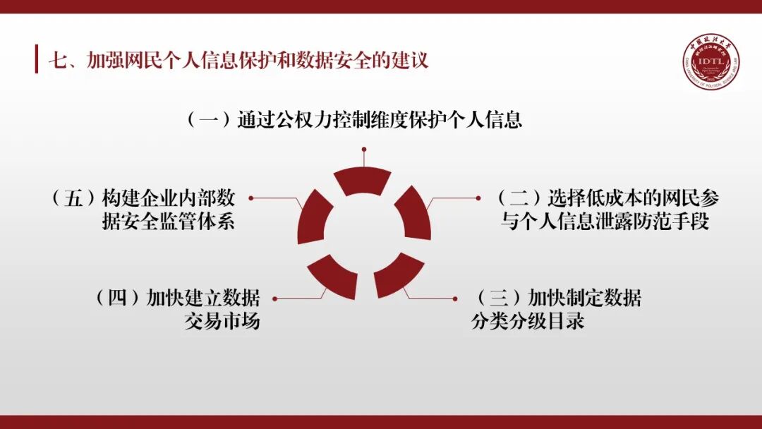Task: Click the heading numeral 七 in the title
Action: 56,60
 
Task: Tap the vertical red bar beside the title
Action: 37,59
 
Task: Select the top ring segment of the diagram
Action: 363,181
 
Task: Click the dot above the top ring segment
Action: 364,150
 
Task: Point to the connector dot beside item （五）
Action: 250,198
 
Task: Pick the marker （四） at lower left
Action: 119,298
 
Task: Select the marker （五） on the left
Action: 73,198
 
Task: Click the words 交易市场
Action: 222,322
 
